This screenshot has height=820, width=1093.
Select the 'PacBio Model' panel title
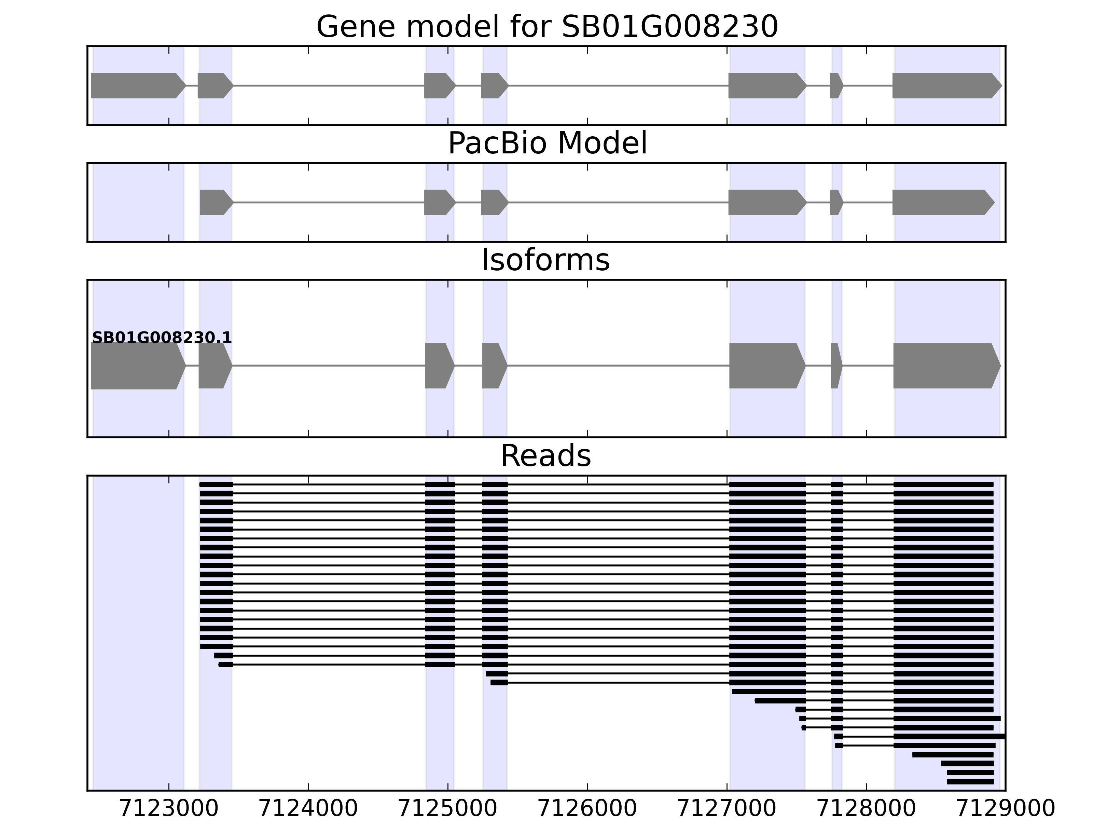coord(547,143)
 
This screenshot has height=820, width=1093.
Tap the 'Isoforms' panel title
coord(545,260)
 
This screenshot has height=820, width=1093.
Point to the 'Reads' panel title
coord(545,456)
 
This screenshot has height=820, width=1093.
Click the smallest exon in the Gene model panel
coord(835,85)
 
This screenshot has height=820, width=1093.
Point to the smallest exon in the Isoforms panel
coord(835,366)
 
